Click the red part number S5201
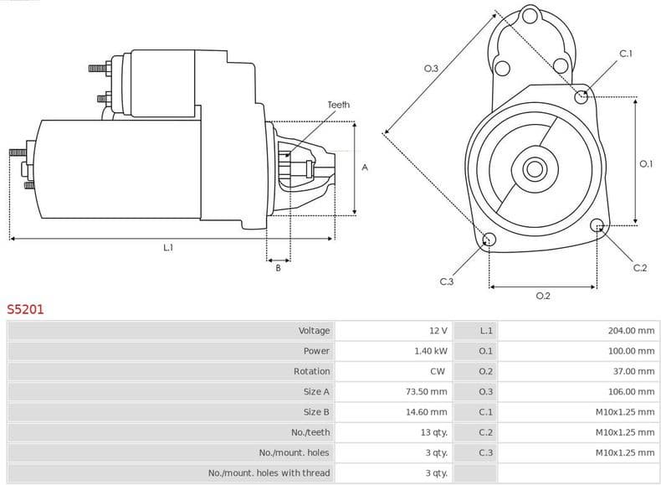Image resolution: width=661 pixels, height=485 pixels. coord(26,309)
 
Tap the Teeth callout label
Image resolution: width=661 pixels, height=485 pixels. coord(338,105)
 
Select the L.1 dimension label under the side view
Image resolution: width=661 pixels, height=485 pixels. coord(168,248)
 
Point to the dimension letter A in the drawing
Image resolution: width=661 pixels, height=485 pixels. coord(365,168)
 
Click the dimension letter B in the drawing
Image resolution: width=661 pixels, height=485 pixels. coord(278,268)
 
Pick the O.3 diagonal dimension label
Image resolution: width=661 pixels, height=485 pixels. coord(431,69)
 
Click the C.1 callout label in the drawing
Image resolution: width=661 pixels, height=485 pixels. coord(625,54)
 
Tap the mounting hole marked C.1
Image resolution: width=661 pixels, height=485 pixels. coord(582,96)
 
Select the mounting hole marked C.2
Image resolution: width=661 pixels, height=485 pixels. coord(597,225)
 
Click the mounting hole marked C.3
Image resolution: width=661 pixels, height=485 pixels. coord(489,240)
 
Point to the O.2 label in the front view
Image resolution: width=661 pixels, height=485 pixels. coord(542,296)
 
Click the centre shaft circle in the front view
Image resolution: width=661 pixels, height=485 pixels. coord(534,168)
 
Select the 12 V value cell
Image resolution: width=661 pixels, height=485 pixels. coord(438,331)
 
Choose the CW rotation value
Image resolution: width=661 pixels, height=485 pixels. coord(438,371)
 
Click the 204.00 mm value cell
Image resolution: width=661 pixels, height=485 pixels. coord(631,331)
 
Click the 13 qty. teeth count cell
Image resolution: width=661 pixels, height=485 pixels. coord(434,432)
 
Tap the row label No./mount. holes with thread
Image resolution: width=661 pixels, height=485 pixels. coord(269,473)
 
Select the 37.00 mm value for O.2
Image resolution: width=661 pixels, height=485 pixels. coord(633,371)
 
